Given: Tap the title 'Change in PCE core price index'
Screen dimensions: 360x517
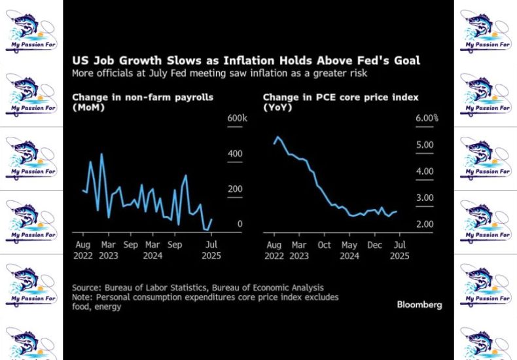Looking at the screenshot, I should pos(340,98).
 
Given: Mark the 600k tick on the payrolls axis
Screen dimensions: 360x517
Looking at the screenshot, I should pos(237,118).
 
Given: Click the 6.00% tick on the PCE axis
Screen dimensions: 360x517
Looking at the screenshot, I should pos(427,118).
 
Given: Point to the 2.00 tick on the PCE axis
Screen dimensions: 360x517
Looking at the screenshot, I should pos(425,225).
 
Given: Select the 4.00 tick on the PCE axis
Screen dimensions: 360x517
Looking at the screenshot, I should pos(425,171).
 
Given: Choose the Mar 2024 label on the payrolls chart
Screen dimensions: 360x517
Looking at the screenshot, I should pos(152,250).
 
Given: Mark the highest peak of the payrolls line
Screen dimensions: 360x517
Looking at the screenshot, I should pos(102,154).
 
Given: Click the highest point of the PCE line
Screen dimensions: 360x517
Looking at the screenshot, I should pos(278,137).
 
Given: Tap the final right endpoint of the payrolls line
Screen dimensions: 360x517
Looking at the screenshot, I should pos(211,220).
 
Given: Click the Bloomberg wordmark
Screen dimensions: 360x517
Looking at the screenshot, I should pos(419,304).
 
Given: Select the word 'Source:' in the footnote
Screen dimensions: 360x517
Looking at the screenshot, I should pos(88,287).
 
